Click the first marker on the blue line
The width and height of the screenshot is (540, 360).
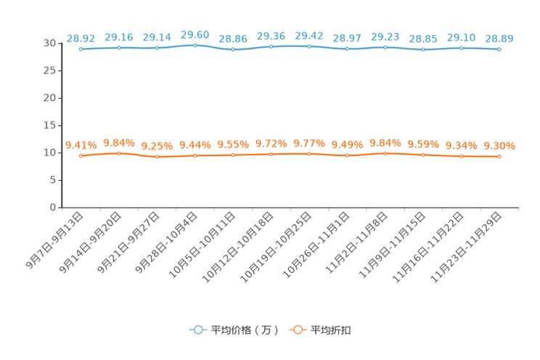[x=81, y=49]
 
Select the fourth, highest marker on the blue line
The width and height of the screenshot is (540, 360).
[x=195, y=45]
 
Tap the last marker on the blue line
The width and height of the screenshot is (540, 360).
[x=499, y=49]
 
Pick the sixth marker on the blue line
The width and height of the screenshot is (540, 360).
[x=271, y=46]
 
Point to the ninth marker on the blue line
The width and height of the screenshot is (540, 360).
[x=385, y=47]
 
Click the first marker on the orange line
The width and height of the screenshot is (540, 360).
[x=81, y=155]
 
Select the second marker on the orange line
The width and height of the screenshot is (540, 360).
[x=119, y=153]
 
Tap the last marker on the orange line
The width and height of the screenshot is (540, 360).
[x=499, y=156]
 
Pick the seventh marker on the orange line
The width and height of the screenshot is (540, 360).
[x=309, y=154]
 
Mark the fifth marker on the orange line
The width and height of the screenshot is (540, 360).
[x=233, y=155]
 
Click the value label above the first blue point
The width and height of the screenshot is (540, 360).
[x=80, y=38]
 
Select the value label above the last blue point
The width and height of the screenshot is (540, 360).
[x=499, y=38]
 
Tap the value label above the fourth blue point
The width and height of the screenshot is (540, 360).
[x=195, y=34]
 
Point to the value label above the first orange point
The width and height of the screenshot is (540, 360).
[x=80, y=145]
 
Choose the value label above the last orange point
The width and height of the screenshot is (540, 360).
[x=499, y=146]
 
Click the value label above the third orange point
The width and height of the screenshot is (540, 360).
[x=157, y=147]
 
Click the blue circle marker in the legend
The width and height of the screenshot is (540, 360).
[x=197, y=330]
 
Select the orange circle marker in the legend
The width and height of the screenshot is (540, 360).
[x=296, y=330]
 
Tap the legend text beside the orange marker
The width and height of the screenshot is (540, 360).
[x=332, y=330]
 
